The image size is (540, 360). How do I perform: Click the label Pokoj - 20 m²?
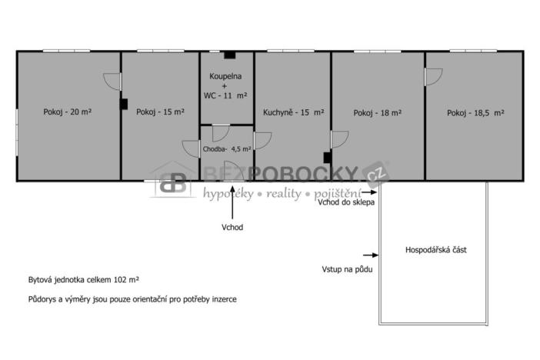[x=68, y=112]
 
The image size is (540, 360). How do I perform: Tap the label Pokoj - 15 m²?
[x=160, y=112]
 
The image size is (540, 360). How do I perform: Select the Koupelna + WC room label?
[x=225, y=86]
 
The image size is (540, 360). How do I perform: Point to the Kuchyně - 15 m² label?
[x=292, y=112]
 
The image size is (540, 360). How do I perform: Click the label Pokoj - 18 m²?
[x=378, y=112]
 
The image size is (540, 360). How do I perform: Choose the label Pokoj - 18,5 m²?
[x=475, y=112]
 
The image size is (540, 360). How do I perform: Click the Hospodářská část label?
[x=435, y=251]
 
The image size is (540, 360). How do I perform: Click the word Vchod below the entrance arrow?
[x=232, y=227]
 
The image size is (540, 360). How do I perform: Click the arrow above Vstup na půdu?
[x=368, y=255]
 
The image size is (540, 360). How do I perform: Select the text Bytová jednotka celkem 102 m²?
[x=83, y=282]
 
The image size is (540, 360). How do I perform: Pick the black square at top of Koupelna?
[x=229, y=55]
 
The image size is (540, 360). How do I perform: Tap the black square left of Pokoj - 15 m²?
[x=123, y=104]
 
